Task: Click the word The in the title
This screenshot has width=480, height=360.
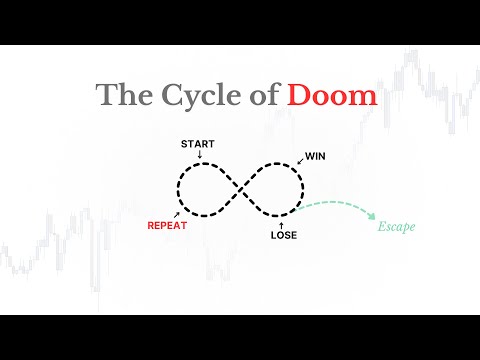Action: point(120,96)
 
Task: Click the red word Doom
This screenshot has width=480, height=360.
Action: point(332,96)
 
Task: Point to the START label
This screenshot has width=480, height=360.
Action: point(197,144)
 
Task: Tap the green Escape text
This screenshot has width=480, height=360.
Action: point(396,226)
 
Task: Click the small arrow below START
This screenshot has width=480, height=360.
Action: point(198,154)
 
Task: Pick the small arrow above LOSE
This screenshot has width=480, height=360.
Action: point(282,223)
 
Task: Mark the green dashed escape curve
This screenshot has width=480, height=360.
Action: point(335,203)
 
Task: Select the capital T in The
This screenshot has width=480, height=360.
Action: point(105,96)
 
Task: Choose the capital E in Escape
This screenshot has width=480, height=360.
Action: point(381,226)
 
